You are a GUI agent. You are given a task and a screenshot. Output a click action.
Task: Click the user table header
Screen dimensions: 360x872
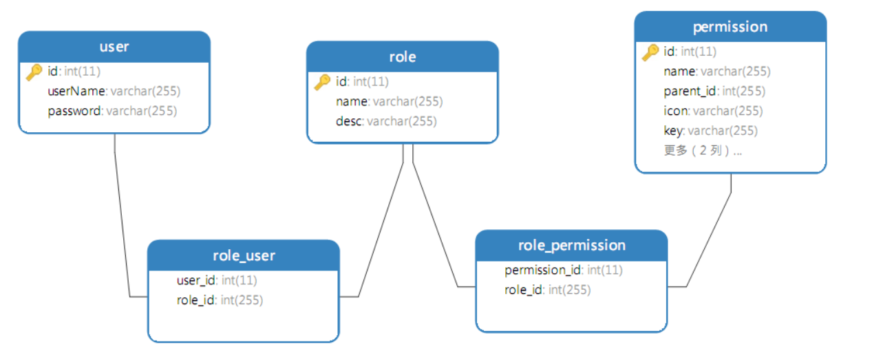(114, 47)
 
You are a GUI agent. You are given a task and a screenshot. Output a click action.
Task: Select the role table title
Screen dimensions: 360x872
(402, 57)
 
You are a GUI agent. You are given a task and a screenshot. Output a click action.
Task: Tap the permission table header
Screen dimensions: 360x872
(730, 27)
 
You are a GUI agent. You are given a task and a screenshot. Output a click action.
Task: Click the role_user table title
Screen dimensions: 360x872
(244, 255)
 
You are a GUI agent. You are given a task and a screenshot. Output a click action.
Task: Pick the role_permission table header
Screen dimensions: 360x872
(571, 245)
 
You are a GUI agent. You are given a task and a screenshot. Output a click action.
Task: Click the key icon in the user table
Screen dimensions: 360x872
(34, 72)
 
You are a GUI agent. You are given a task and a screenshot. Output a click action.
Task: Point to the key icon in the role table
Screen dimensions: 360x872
(322, 82)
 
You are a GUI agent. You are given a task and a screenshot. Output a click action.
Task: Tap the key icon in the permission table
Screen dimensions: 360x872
(650, 52)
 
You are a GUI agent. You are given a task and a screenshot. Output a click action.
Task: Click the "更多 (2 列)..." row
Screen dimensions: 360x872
(703, 151)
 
